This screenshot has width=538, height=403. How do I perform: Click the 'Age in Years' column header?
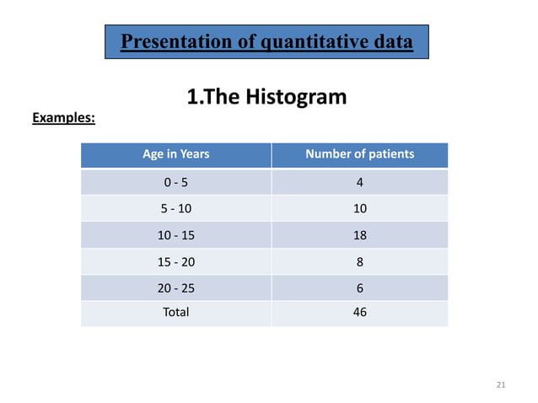click(x=175, y=154)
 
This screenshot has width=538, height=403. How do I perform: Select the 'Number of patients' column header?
click(x=359, y=154)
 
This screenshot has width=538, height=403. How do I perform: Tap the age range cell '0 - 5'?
click(x=176, y=181)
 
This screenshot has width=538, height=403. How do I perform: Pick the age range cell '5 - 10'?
click(x=176, y=207)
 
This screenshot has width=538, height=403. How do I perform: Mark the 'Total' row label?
click(x=176, y=312)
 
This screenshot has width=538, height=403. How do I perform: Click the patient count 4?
click(x=360, y=181)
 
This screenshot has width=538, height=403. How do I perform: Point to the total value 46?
click(x=360, y=312)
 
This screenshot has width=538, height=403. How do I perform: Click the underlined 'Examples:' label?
click(x=63, y=118)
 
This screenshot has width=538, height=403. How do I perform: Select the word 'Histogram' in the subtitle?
click(x=294, y=97)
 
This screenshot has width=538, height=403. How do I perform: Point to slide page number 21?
click(x=501, y=385)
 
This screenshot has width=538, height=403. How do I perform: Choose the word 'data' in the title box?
click(x=391, y=41)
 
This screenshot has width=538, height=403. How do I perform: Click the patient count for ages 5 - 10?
click(x=360, y=207)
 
